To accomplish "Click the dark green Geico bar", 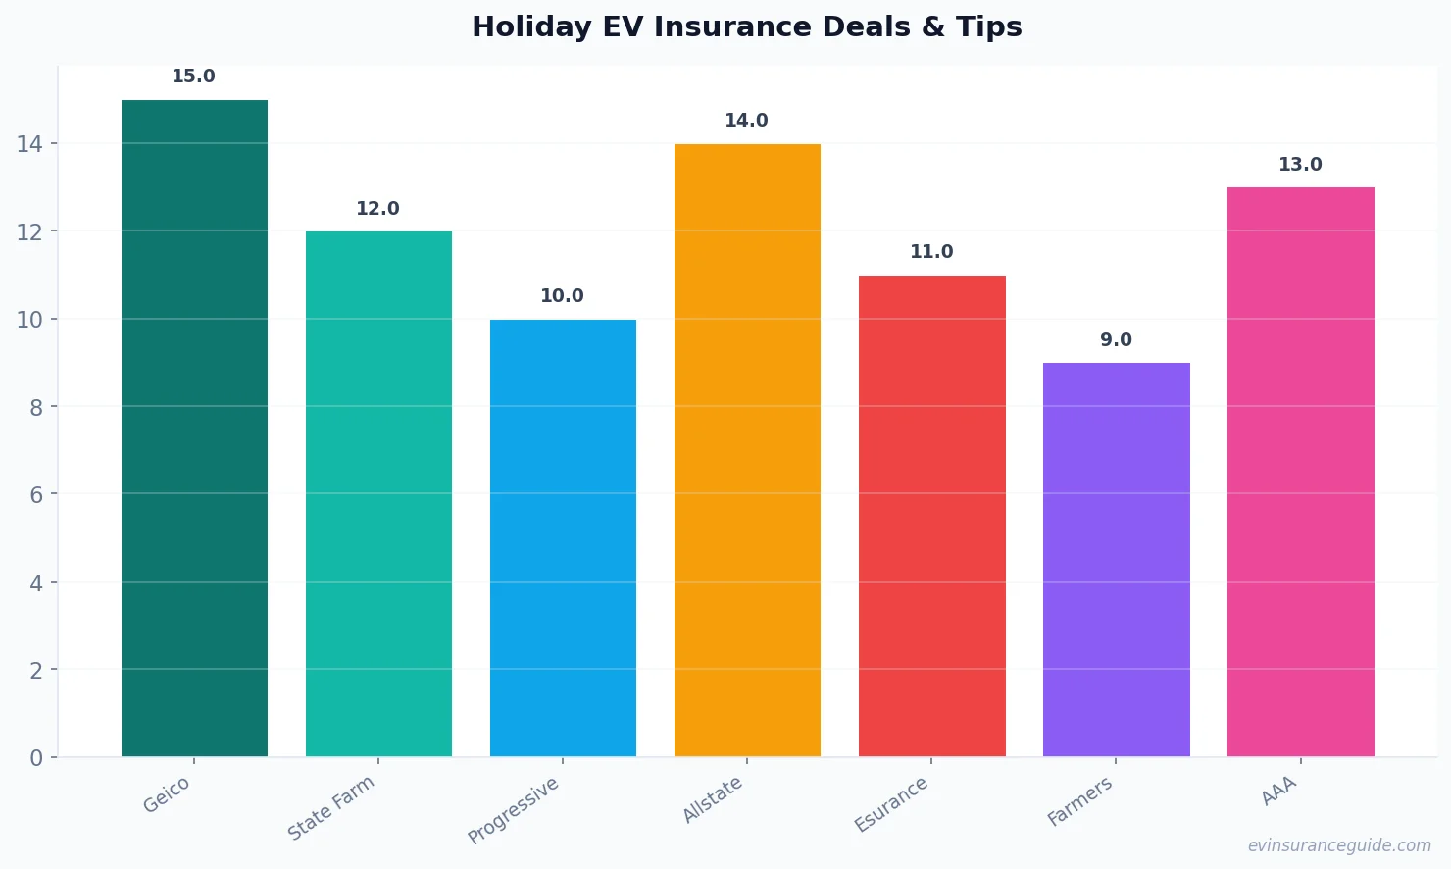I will coord(194,428).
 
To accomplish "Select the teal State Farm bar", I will coord(378,493).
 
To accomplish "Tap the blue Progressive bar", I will coord(563,537).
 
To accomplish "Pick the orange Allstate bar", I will coord(747,450).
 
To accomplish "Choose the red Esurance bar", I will coord(931,516).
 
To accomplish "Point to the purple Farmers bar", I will coord(1116,559).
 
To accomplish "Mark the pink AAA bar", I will coord(1300,472).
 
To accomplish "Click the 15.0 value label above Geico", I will coord(193,77).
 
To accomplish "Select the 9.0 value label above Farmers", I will coord(1116,340).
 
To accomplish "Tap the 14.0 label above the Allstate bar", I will coord(746,121).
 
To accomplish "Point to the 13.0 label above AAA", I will coord(1300,165).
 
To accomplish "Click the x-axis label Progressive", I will coord(514,810).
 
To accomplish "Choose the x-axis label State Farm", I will coord(331,807).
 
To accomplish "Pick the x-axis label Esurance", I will coord(891,804).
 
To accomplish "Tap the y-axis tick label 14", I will coord(29,144).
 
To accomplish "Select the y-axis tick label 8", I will coord(36,407).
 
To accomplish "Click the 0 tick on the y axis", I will coord(36,758).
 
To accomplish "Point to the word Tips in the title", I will coord(989,26).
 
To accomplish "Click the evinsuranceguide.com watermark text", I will coord(1339,845).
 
